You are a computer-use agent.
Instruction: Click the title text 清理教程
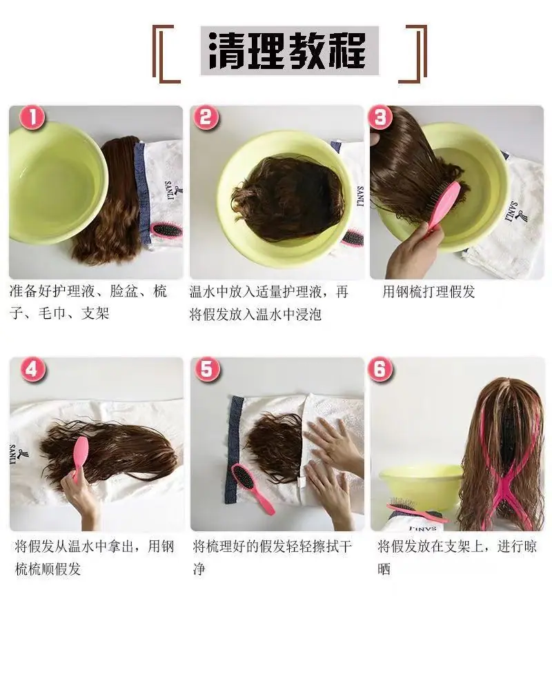click(289, 50)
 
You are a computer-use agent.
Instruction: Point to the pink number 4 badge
click(32, 370)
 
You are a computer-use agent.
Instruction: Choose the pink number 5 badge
click(206, 370)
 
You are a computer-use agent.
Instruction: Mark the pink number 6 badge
click(380, 370)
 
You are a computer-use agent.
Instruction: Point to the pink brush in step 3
click(443, 206)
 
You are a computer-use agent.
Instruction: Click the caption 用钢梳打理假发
click(428, 292)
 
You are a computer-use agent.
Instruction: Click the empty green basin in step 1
click(55, 183)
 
